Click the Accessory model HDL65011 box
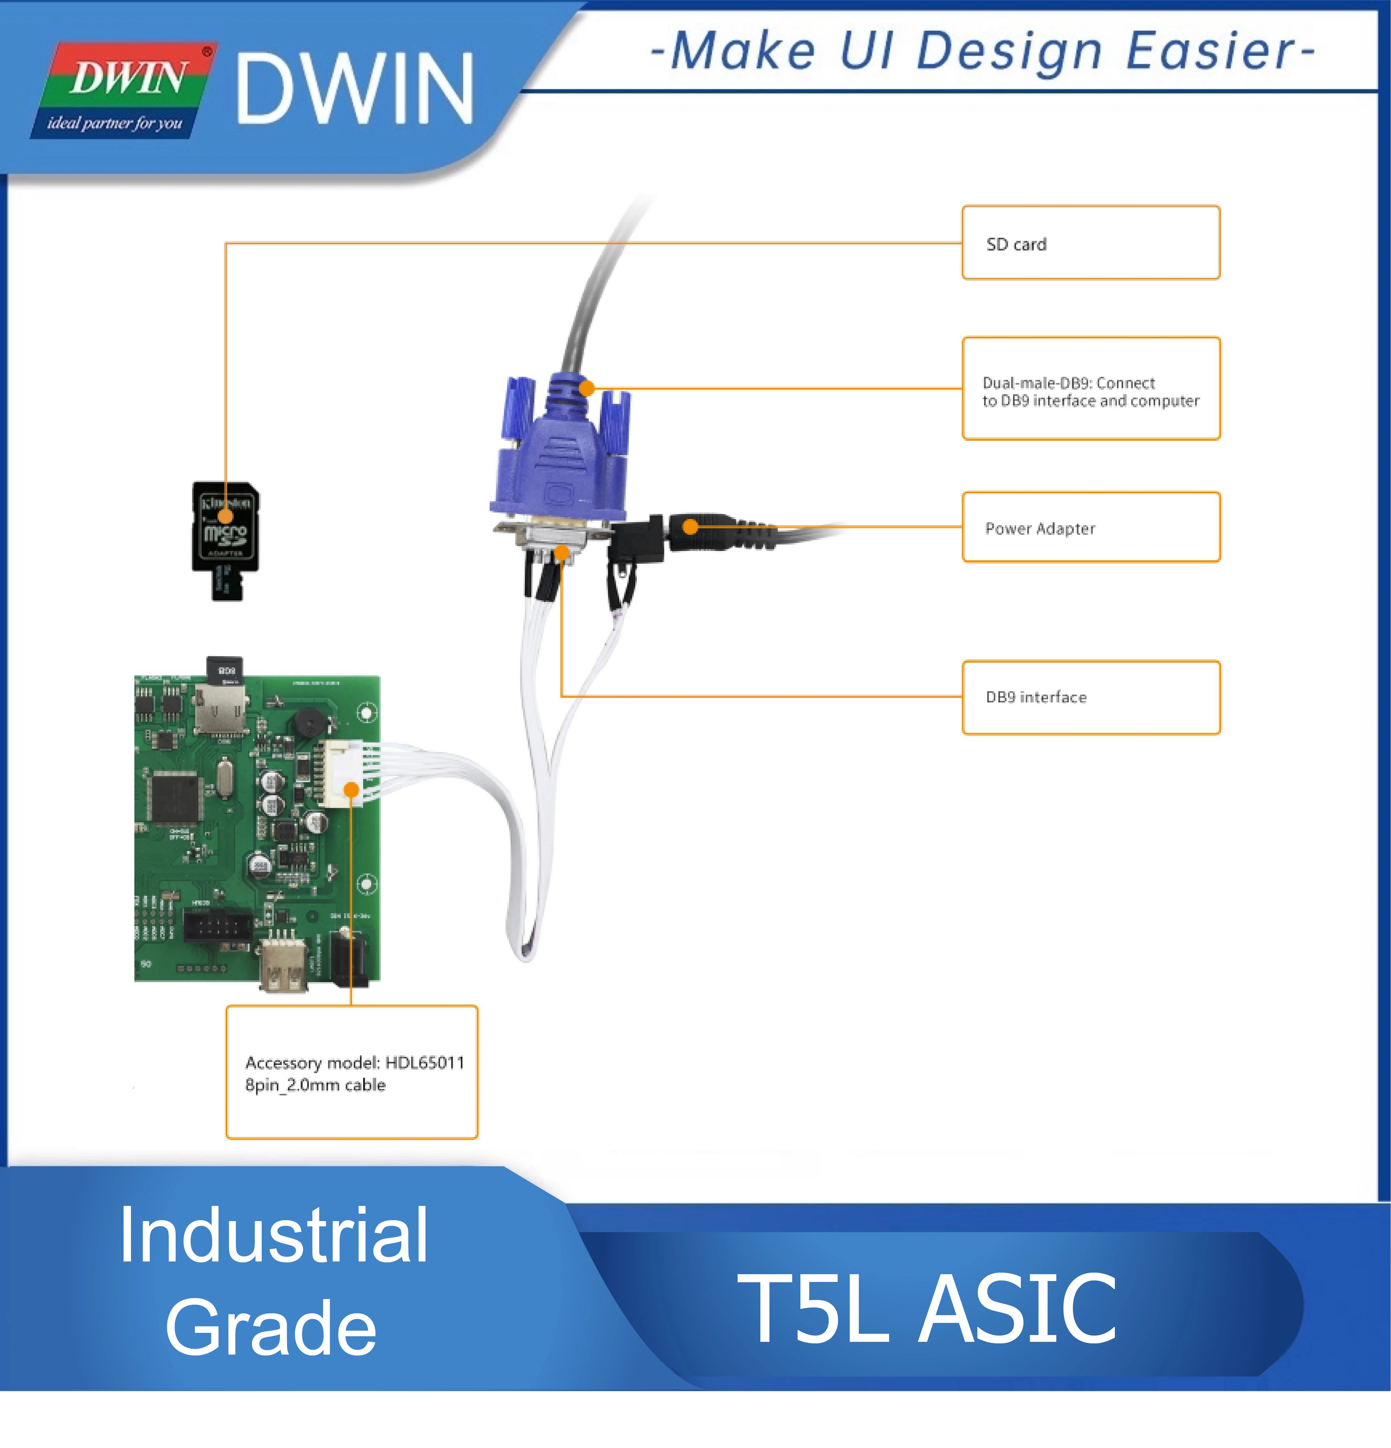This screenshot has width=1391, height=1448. click(352, 1072)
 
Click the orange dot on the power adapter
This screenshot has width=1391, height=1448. click(690, 527)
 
